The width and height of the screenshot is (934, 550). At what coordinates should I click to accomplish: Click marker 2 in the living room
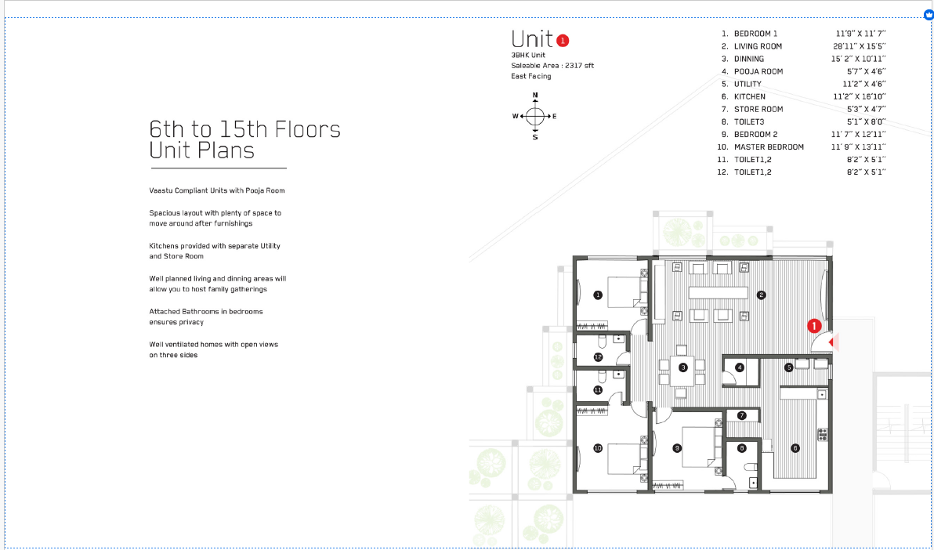[x=761, y=295]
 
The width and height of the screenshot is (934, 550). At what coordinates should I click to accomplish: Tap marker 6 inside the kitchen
[x=795, y=448]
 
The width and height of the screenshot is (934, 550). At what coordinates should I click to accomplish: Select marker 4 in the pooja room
[x=739, y=367]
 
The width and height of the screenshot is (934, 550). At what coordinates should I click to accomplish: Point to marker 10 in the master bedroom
[x=597, y=448]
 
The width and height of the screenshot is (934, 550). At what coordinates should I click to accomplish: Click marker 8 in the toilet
[x=742, y=448]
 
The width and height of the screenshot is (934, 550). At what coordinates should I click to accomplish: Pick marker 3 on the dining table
[x=682, y=367]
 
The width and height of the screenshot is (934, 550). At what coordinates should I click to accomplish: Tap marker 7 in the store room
[x=741, y=415]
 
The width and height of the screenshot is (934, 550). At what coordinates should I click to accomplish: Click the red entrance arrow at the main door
[x=834, y=342]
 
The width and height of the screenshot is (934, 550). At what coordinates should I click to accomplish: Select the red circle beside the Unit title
[x=563, y=40]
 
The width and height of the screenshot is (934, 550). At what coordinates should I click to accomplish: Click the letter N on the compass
[x=535, y=96]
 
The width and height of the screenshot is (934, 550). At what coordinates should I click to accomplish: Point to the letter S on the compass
[x=535, y=137]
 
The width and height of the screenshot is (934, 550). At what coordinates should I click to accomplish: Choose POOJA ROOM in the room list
[x=758, y=71]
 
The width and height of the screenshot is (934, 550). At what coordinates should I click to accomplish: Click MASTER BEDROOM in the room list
[x=769, y=147]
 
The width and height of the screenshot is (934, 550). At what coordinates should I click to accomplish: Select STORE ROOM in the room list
[x=758, y=109]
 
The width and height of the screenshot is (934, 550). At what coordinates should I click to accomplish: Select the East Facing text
[x=530, y=76]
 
